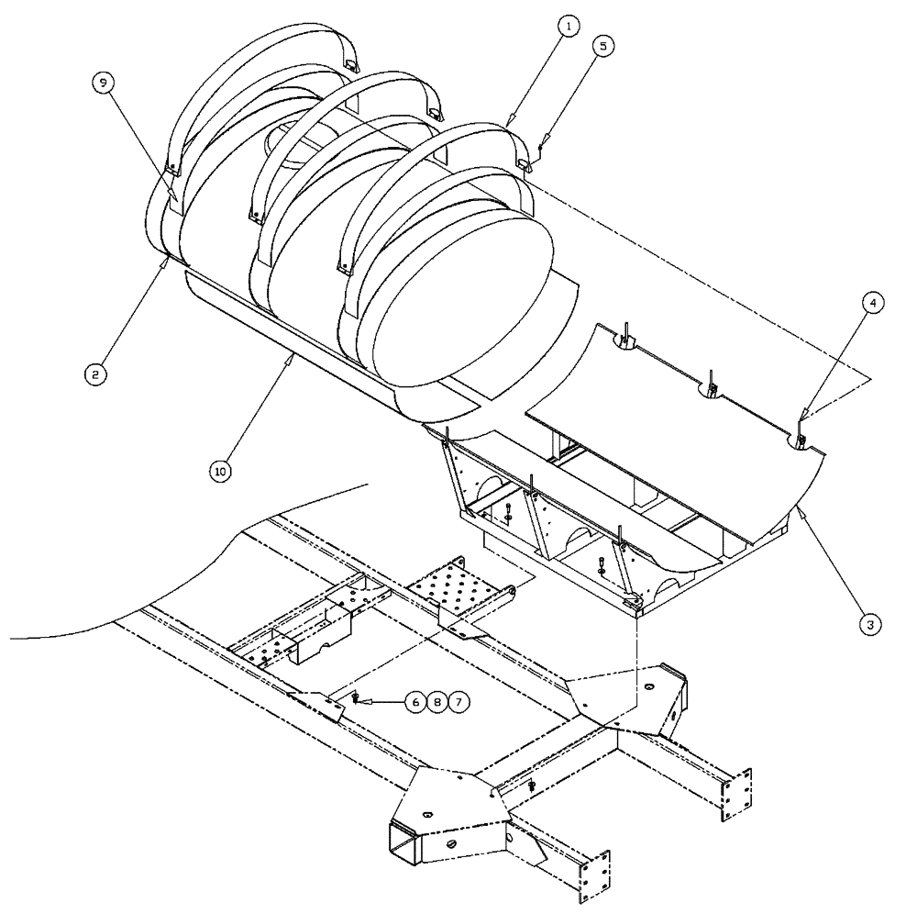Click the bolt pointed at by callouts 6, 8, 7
355,699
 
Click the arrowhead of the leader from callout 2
166,260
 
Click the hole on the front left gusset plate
427,813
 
